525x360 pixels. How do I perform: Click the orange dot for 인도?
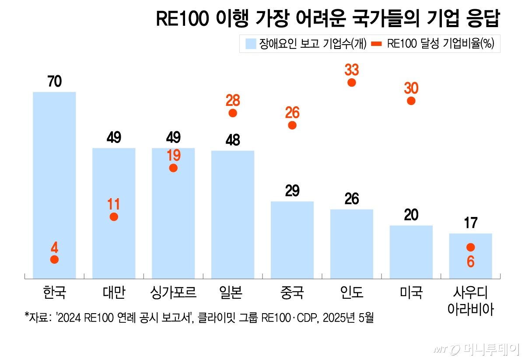pos(352,83)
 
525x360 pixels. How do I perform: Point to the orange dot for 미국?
pos(411,101)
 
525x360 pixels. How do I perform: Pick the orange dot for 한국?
pos(54,259)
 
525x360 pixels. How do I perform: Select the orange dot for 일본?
pos(233,113)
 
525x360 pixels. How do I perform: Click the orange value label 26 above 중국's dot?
pos(292,113)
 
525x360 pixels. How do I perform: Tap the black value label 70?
pos(55,81)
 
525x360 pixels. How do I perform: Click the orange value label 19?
pos(173,155)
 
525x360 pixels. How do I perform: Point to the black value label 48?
pos(233,140)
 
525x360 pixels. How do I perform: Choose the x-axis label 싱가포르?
pos(173,292)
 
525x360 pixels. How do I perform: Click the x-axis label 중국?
pos(292,292)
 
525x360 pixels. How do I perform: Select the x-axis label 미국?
pos(411,292)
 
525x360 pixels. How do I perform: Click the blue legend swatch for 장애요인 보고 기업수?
pos(250,44)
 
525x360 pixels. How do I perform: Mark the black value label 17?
pos(471,223)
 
